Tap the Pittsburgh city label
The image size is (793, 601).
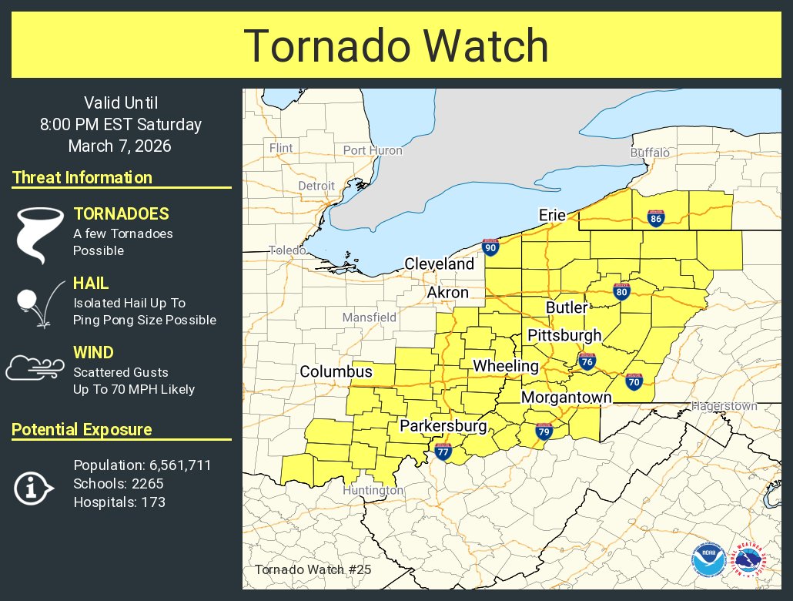pos(564,335)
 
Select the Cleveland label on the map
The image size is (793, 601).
pos(440,264)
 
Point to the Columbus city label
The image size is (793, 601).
pos(336,371)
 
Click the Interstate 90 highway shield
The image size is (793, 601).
pos(490,247)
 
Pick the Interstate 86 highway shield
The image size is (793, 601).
pos(655,219)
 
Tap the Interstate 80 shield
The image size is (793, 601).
pos(621,291)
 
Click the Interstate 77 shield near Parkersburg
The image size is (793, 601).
pos(443,452)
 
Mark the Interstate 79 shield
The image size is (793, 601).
pos(544,432)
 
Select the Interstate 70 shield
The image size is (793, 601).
pos(634,381)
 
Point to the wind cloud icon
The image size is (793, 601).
pos(34,368)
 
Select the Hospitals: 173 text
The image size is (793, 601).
pos(119,502)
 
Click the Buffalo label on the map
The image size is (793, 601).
pos(650,153)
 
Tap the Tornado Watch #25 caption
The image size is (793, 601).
pos(313,570)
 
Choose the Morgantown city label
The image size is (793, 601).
pos(566,398)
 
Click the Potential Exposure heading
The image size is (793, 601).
pos(82,430)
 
